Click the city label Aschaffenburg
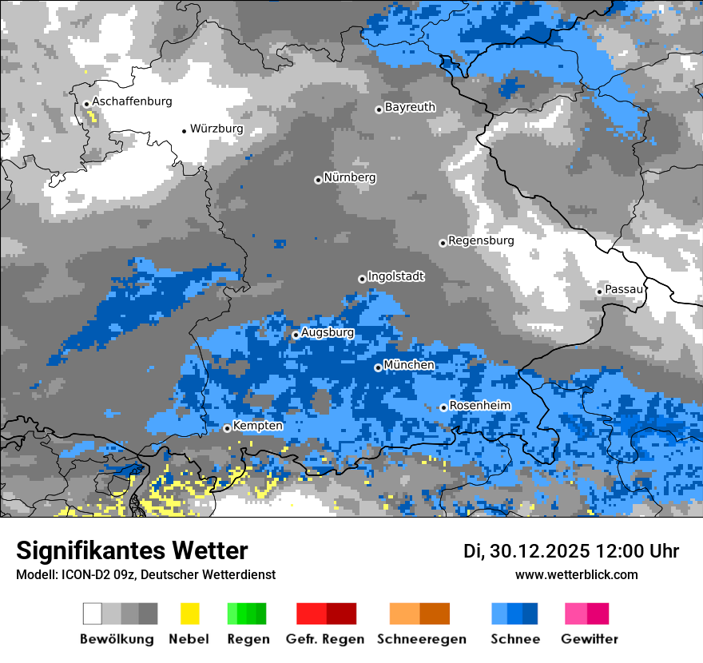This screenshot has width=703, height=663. point(132,101)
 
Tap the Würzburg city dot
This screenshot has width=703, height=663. point(184,130)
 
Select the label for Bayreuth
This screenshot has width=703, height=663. point(410,107)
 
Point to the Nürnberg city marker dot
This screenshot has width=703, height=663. point(318,180)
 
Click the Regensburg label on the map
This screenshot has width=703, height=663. point(481,240)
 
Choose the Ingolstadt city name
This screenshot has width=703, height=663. point(396,276)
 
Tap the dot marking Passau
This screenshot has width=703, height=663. point(599,292)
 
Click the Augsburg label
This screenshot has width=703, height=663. point(328,332)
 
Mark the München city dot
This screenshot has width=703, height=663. point(378,367)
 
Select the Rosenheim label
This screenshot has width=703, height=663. point(479,406)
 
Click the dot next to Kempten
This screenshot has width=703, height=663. point(227,428)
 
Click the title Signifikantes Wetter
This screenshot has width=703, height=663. point(132,551)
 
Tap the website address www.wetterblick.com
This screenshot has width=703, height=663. point(577,574)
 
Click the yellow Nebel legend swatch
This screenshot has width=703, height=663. point(189,613)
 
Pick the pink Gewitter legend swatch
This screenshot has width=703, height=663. point(576,613)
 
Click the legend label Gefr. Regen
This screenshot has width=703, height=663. point(325,639)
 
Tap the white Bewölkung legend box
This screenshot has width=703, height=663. point(93,613)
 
